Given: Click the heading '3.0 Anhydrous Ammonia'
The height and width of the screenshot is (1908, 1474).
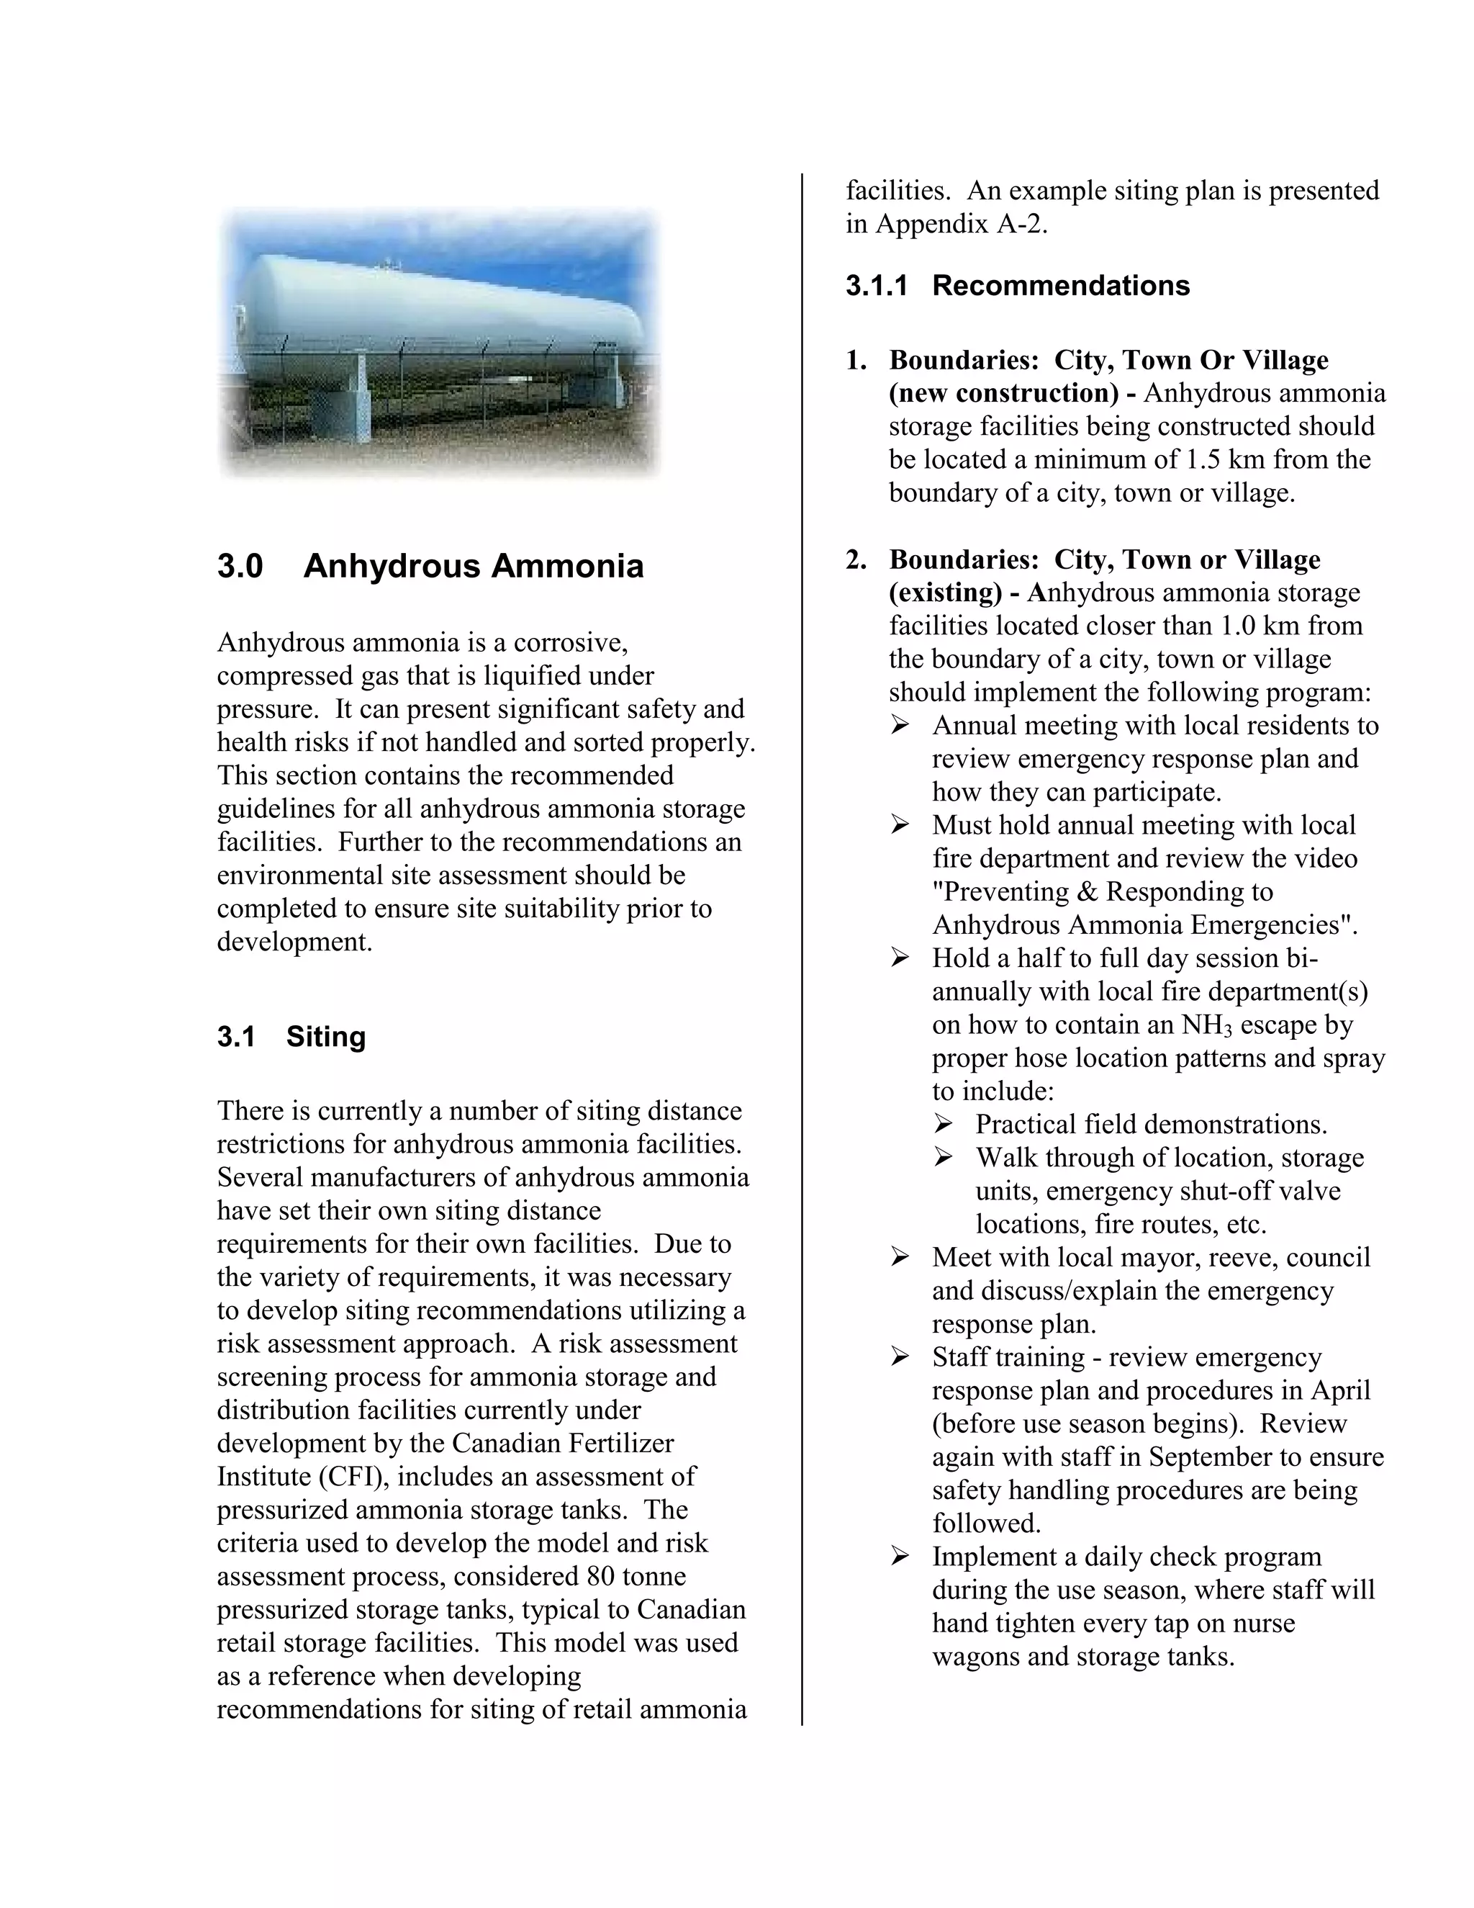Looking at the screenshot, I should click(x=430, y=566).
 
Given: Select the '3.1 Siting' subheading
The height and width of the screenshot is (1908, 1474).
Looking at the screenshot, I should click(x=291, y=1036).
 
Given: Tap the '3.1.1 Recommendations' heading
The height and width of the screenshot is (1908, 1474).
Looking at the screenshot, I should click(x=1017, y=286).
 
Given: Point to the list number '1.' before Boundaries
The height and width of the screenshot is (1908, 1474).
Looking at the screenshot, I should click(x=856, y=360).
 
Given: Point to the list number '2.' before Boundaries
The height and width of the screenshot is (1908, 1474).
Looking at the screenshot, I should click(x=856, y=559).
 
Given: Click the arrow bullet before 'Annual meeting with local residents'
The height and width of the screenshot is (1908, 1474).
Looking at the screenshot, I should click(x=900, y=726).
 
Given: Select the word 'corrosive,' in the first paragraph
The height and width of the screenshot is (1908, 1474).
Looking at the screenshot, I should click(x=570, y=642).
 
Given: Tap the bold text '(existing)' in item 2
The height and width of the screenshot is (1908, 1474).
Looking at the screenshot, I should click(x=945, y=593).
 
